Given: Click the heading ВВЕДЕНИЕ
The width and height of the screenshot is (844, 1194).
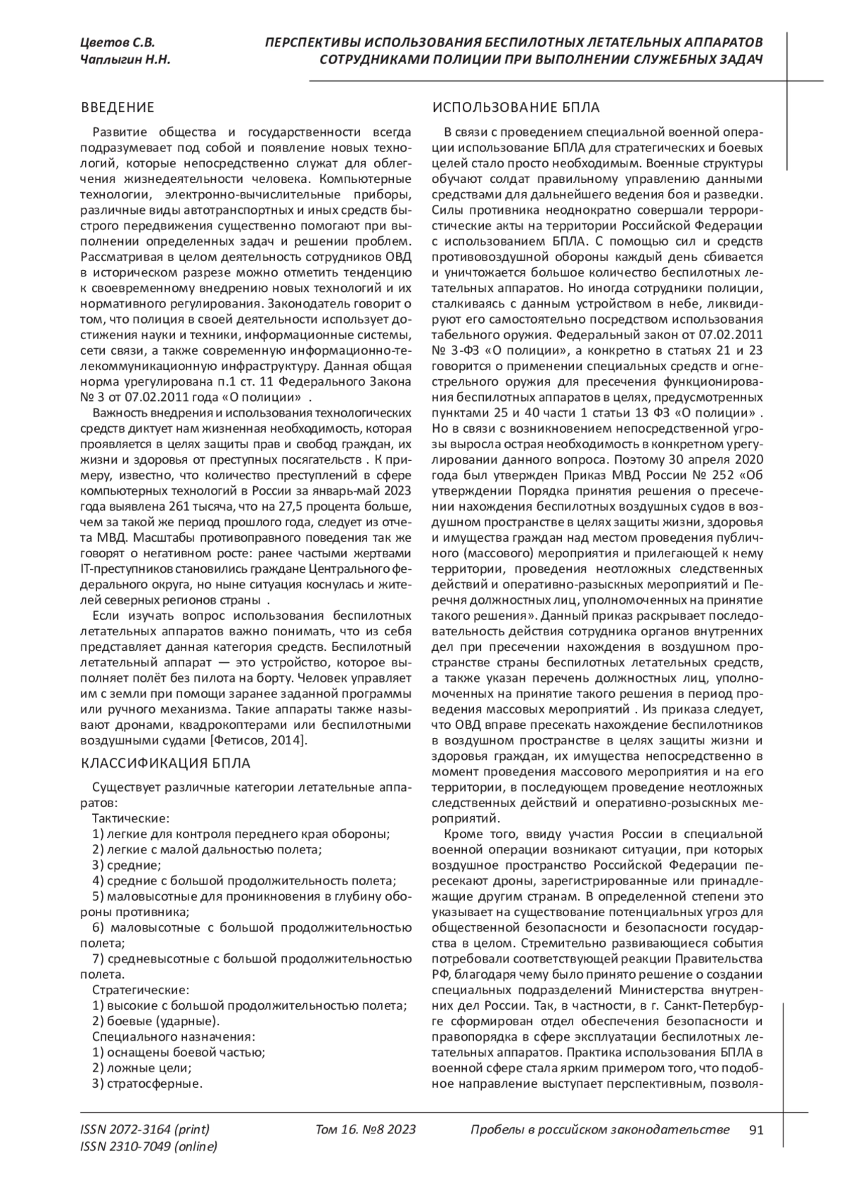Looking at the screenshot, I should click(117, 108).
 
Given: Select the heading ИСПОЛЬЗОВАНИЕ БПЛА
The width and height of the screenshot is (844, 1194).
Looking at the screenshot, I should click(516, 108).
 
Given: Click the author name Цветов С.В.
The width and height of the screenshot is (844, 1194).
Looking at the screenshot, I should click(117, 43).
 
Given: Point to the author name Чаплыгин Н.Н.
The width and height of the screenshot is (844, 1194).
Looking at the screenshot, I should click(126, 61).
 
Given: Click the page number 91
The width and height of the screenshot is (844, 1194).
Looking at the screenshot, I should click(756, 1130).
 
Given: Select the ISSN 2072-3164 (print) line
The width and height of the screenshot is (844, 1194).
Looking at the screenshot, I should click(146, 1130).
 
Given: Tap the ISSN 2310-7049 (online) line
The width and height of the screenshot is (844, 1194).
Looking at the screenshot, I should click(149, 1147).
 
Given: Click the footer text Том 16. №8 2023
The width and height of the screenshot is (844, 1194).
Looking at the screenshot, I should click(366, 1130).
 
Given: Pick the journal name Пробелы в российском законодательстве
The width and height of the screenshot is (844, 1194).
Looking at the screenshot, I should click(599, 1130).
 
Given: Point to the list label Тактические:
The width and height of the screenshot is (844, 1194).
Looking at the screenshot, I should click(131, 818).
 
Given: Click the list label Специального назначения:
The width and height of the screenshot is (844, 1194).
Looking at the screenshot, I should click(173, 1036).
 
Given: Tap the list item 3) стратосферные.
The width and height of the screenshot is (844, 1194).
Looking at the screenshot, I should click(147, 1083).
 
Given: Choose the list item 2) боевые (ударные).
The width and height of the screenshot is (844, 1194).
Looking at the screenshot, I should click(156, 1021).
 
